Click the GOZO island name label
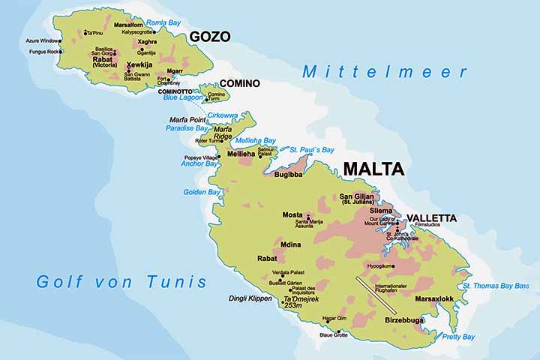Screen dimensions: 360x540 (x=209, y=37)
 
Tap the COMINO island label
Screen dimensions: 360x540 (x=240, y=83)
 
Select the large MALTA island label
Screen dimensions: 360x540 (x=373, y=169)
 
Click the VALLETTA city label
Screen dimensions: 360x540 (x=431, y=218)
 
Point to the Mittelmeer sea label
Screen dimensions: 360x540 (x=385, y=73)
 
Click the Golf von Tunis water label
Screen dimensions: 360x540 (x=121, y=282)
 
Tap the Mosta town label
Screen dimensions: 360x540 (x=292, y=215)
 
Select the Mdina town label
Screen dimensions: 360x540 (x=291, y=243)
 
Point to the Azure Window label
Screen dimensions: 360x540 (x=43, y=40)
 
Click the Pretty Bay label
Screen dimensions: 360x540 (x=457, y=337)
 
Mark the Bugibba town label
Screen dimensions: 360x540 (x=286, y=173)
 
